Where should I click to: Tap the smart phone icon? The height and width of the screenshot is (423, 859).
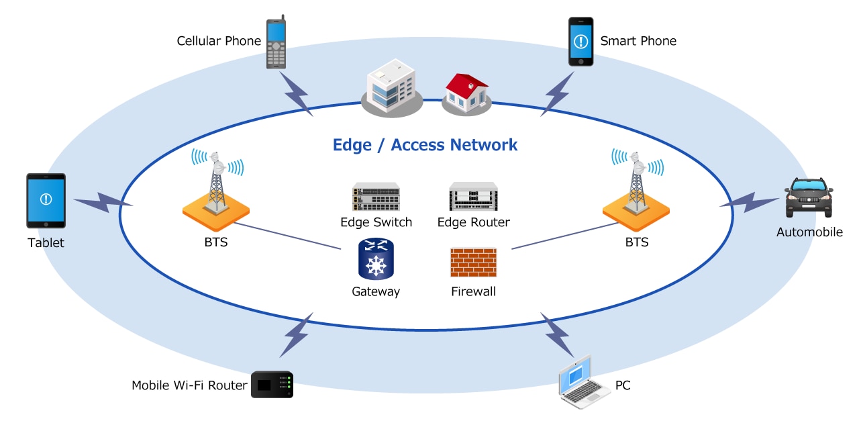pyautogui.click(x=581, y=42)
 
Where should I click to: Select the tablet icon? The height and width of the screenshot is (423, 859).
pyautogui.click(x=46, y=200)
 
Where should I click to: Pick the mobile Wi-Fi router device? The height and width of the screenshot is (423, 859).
pyautogui.click(x=272, y=385)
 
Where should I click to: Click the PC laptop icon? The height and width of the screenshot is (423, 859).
pyautogui.click(x=584, y=383)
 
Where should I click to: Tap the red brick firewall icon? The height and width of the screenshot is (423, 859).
pyautogui.click(x=473, y=263)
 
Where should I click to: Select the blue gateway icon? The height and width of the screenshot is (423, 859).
pyautogui.click(x=376, y=259)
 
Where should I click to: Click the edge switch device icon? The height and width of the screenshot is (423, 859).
pyautogui.click(x=376, y=197)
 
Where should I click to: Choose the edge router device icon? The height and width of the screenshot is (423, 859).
pyautogui.click(x=473, y=197)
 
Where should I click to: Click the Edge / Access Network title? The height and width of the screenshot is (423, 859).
pyautogui.click(x=425, y=144)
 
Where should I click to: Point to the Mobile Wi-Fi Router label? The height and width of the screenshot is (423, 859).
pyautogui.click(x=189, y=385)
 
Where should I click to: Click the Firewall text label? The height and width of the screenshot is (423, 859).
pyautogui.click(x=473, y=291)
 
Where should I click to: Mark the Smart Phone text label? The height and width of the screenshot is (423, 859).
pyautogui.click(x=638, y=41)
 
